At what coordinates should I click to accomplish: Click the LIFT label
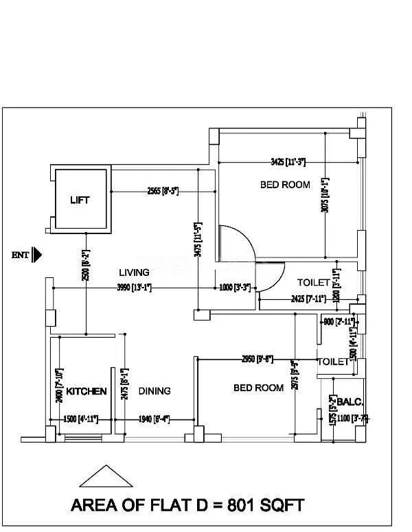[80, 200]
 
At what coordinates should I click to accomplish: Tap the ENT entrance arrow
[37, 255]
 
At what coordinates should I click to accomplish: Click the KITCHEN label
[86, 391]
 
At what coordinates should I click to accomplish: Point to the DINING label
[154, 391]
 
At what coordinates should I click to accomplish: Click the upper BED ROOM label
[285, 185]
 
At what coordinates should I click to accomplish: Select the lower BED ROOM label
[258, 388]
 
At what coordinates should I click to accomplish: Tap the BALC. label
[350, 402]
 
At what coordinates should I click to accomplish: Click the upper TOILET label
[314, 283]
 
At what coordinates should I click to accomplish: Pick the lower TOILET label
[334, 362]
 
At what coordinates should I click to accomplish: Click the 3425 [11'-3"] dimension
[288, 162]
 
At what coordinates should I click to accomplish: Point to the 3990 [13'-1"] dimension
[135, 288]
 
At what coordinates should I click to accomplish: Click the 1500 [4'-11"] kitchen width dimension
[80, 419]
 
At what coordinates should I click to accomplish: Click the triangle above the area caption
[106, 477]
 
